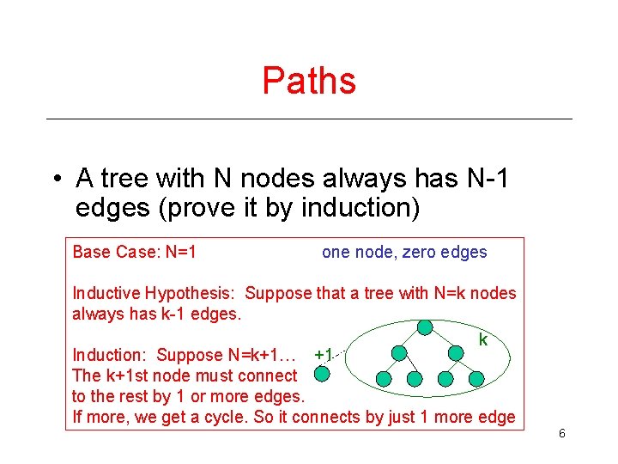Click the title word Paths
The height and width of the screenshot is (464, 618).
pyautogui.click(x=309, y=81)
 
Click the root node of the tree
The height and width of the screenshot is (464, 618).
pyautogui.click(x=424, y=327)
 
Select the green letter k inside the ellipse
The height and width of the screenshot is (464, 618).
pyautogui.click(x=483, y=340)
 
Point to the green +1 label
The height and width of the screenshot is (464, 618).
pyautogui.click(x=324, y=354)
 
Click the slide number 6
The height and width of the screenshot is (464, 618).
pyautogui.click(x=561, y=434)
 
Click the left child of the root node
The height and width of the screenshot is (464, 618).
pyautogui.click(x=399, y=352)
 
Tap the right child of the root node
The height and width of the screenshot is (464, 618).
pyautogui.click(x=456, y=352)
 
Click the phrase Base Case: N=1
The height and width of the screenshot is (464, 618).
pyautogui.click(x=135, y=253)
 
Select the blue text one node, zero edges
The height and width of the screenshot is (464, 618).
pyautogui.click(x=404, y=253)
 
